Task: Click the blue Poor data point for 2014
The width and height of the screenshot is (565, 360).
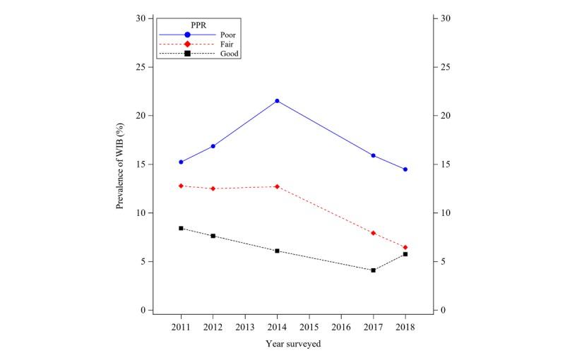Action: (x=277, y=101)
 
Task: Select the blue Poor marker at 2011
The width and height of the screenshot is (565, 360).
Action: (x=182, y=162)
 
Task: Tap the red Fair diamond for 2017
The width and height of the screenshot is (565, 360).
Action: (x=373, y=233)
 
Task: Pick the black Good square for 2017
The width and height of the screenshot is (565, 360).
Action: (x=373, y=270)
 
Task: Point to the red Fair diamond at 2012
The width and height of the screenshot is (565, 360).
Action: (x=213, y=188)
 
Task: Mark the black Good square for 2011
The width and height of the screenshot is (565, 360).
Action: (x=182, y=228)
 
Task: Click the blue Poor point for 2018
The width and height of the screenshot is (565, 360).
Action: (x=405, y=169)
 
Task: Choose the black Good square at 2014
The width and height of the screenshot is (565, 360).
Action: (x=277, y=251)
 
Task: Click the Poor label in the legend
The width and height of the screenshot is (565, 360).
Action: (x=228, y=34)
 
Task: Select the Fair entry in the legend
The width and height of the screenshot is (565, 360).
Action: (x=227, y=44)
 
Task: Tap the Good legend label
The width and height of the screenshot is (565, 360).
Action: (x=229, y=54)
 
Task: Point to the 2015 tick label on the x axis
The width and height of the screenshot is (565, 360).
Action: (x=309, y=328)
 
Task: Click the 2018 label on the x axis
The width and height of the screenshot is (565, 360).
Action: (x=405, y=328)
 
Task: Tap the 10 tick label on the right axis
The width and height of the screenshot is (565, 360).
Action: (x=444, y=213)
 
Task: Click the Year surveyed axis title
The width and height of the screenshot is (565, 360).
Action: (x=293, y=344)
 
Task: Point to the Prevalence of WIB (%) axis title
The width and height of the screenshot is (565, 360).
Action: (x=121, y=164)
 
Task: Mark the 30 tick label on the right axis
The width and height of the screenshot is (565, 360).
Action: (x=444, y=18)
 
